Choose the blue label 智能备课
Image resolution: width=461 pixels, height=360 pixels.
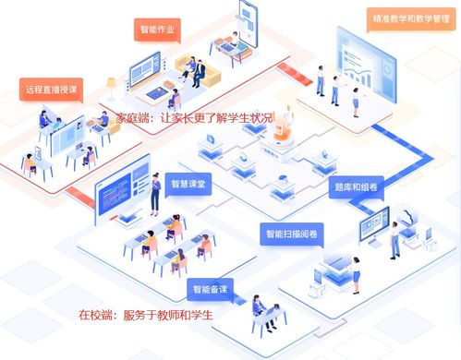(x=212, y=290)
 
